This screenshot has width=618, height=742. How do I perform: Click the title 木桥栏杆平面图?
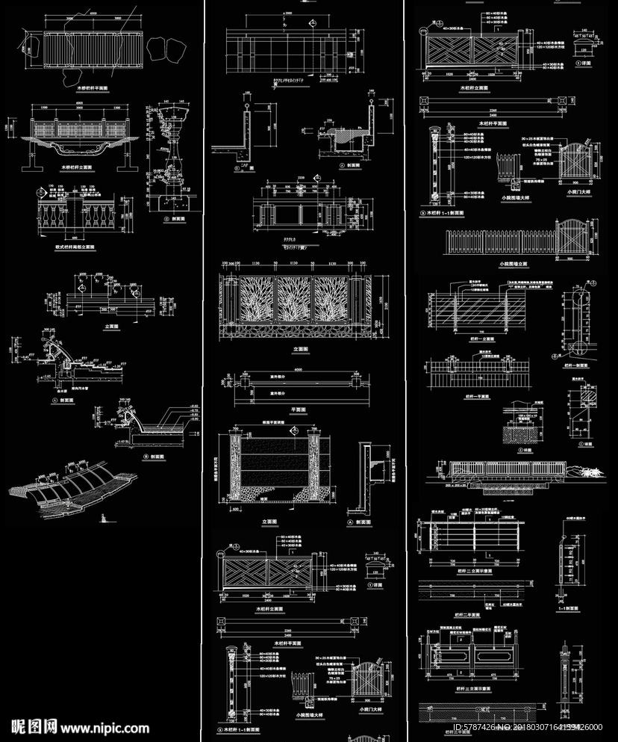(x=81, y=87)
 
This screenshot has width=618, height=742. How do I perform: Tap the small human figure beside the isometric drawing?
(x=103, y=518)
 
